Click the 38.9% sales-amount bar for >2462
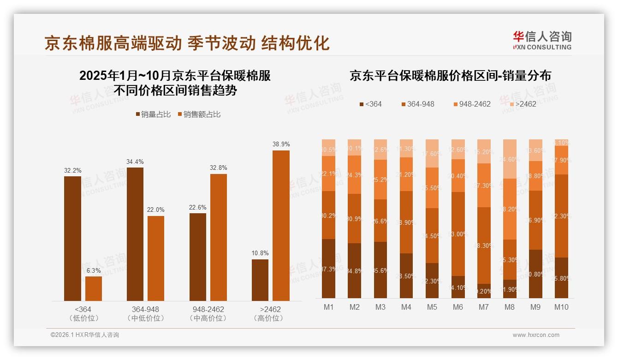281,225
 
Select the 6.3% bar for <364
94,288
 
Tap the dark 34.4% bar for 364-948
135,234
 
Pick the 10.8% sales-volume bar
260,280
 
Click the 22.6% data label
197,207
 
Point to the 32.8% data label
219,168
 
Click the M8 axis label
510,307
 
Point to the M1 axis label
328,307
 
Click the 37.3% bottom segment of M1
328,269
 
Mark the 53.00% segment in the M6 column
458,234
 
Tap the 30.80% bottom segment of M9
535,274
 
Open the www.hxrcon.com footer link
535,335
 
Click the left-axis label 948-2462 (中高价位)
208,313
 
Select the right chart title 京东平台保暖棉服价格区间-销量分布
450,76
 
